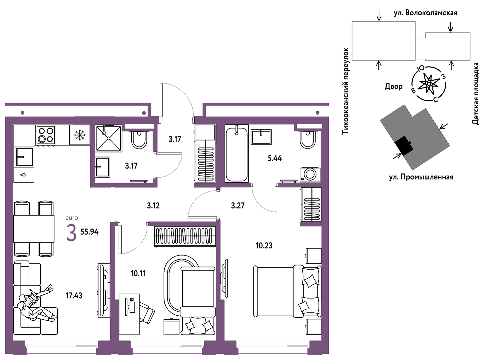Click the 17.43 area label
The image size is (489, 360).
coord(74,296)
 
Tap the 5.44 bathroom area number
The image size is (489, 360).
coord(275,158)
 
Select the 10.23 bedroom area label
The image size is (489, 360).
coord(264,246)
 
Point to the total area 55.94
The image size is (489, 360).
coord(90,232)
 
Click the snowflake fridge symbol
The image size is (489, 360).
coord(79,135)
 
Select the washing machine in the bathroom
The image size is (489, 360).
coord(310,174)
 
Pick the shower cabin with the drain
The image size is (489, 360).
coord(108,138)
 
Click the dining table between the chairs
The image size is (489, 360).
coord(34,229)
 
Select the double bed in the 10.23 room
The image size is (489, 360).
coord(287,291)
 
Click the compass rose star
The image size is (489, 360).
coord(429,84)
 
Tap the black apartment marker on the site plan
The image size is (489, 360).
coord(404,145)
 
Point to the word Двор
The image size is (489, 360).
coord(394,87)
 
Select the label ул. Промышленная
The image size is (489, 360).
coord(421,177)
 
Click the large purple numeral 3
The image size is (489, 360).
coord(72,233)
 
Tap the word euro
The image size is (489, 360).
coord(72,218)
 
